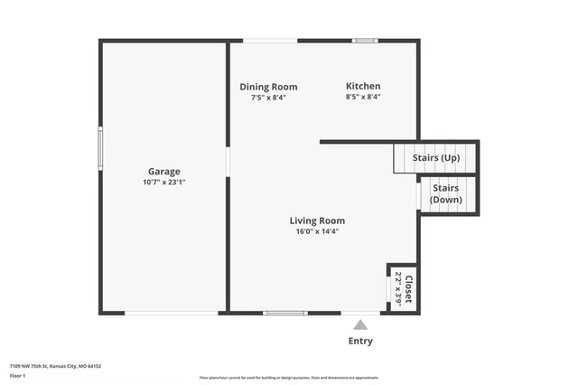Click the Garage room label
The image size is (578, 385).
click(x=164, y=171)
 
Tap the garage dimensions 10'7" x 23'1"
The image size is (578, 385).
click(x=164, y=182)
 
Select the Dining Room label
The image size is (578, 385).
click(x=268, y=87)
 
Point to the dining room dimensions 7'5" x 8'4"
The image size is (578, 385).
click(x=268, y=98)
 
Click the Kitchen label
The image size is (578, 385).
click(x=363, y=87)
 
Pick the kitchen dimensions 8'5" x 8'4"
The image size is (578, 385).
click(x=363, y=98)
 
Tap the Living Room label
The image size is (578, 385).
click(x=317, y=221)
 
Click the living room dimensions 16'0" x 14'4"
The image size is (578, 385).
click(x=317, y=231)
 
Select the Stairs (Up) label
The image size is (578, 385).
click(x=436, y=158)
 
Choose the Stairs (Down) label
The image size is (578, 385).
click(x=446, y=193)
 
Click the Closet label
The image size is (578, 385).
click(x=409, y=288)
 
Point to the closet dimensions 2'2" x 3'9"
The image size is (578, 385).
click(x=398, y=288)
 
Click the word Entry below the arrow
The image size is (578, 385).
click(x=360, y=342)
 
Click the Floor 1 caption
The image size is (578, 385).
click(x=18, y=374)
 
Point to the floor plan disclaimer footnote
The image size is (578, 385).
click(x=289, y=378)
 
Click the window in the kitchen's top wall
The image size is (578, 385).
click(x=365, y=40)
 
